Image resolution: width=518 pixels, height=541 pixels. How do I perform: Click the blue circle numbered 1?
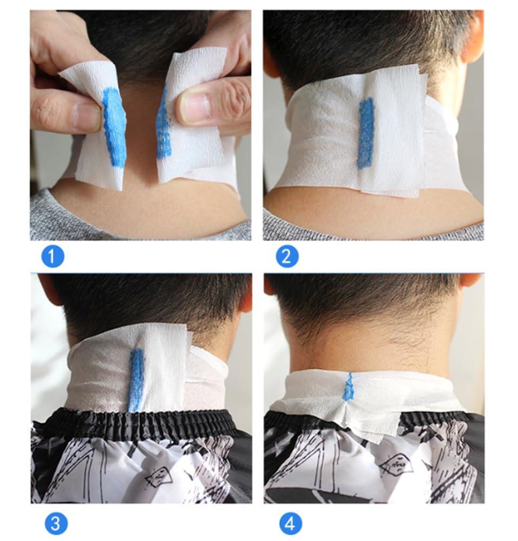point(53,256)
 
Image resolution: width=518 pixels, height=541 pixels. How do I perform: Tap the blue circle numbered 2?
point(287,256)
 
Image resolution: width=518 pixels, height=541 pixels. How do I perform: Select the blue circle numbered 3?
point(55,523)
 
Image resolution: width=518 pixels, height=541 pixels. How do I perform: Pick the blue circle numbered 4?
point(291,523)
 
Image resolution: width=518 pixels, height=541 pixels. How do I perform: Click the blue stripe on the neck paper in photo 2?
point(366,132)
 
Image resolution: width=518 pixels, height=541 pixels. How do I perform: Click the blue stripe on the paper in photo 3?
point(135,378)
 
